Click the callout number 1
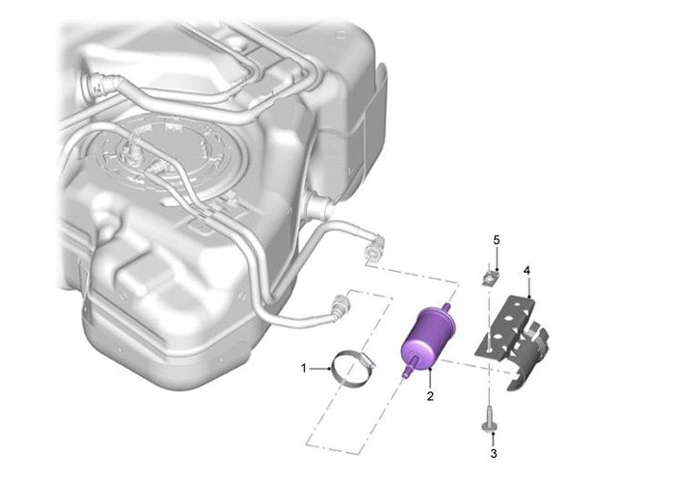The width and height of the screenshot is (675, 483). [x=304, y=368]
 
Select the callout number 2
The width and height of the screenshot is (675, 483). [x=430, y=396]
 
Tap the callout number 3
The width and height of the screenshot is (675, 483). [x=494, y=453]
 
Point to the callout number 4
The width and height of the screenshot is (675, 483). [x=526, y=270]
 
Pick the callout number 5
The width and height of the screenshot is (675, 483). [x=497, y=240]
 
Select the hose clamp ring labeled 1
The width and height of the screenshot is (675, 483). [x=353, y=368]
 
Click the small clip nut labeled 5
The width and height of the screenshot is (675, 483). [x=490, y=279]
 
